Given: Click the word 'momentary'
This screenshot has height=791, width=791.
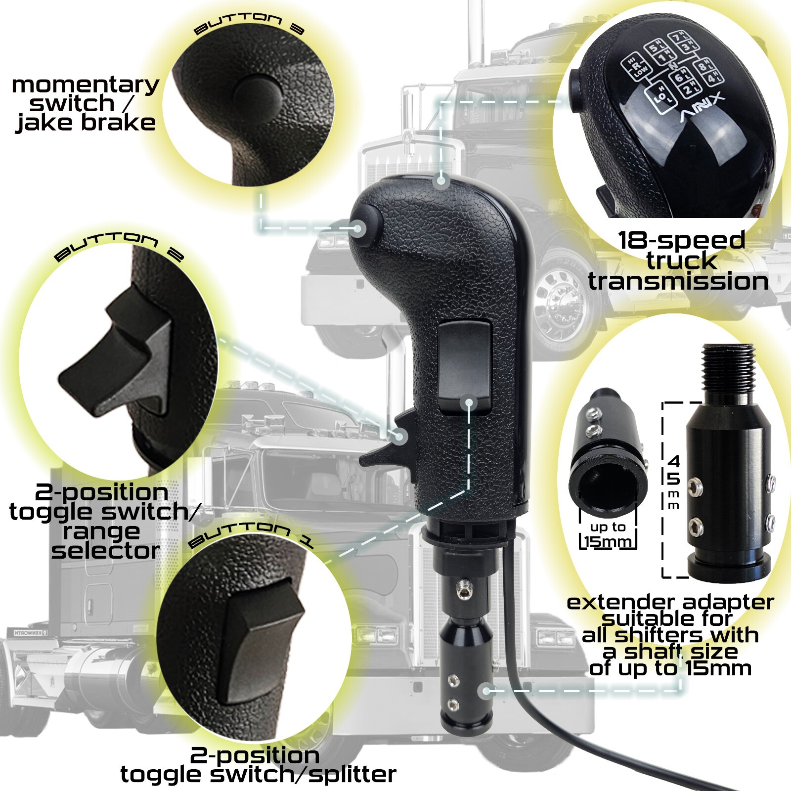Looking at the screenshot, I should pyautogui.click(x=85, y=85).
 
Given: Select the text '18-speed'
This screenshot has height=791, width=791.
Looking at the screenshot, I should pyautogui.click(x=681, y=240).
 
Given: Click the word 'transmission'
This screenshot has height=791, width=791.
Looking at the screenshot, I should pyautogui.click(x=678, y=281).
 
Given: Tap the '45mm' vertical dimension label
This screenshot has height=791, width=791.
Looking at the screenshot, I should pyautogui.click(x=673, y=482).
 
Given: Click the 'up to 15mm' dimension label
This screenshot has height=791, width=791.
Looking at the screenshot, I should pyautogui.click(x=608, y=534).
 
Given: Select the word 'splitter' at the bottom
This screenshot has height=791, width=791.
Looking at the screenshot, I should pyautogui.click(x=352, y=774).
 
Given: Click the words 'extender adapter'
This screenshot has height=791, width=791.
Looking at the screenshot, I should pyautogui.click(x=670, y=603).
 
